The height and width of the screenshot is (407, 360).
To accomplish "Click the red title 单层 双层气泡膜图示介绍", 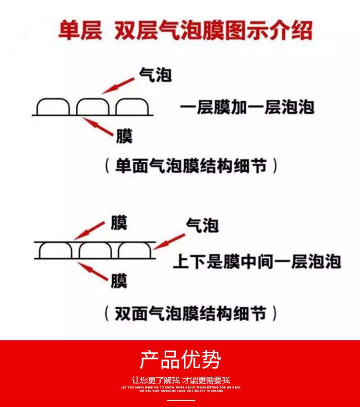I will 185,31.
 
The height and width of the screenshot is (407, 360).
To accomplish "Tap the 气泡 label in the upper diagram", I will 155,74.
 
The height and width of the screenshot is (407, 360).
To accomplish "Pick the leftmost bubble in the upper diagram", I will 53,107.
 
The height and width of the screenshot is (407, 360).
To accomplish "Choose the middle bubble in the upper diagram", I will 93,107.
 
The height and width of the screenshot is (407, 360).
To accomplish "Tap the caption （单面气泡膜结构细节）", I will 191,166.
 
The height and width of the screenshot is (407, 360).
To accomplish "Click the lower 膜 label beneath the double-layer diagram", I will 119,280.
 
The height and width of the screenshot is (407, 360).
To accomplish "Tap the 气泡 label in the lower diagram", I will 202,225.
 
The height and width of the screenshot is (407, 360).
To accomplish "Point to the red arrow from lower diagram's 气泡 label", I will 171,239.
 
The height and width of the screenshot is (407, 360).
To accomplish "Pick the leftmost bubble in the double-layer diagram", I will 55,251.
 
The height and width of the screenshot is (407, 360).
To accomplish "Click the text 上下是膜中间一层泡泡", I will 257,262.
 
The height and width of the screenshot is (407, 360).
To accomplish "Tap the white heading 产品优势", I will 180,359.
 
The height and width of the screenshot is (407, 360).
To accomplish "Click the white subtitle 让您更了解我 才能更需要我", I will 181,381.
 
